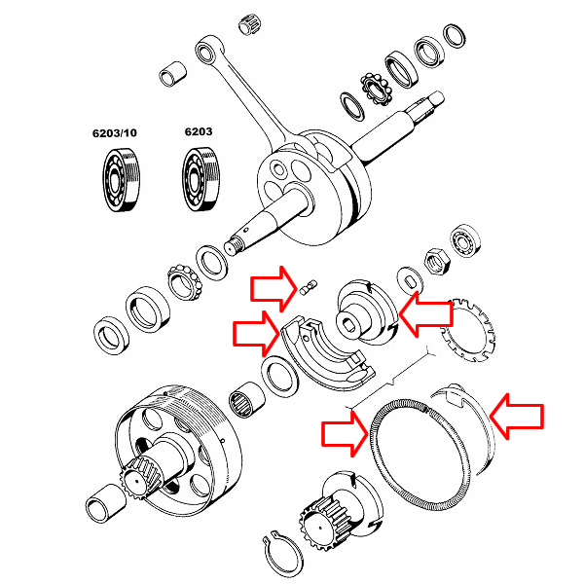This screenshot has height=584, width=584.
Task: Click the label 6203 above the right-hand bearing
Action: pos(199,130)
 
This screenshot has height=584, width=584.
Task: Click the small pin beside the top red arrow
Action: pos(310,286)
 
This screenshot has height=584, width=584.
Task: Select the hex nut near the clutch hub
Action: pos(437,260)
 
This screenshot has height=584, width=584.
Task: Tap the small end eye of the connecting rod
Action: pos(206,48)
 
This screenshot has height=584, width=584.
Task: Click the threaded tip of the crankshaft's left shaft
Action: pos(235,242)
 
